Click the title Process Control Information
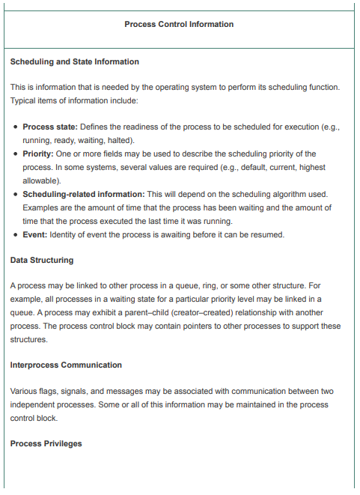pyautogui.click(x=179, y=24)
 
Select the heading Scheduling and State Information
pyautogui.click(x=75, y=61)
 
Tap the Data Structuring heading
pyautogui.click(x=42, y=260)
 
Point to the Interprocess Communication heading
pyautogui.click(x=66, y=365)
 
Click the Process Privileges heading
pyautogui.click(x=46, y=444)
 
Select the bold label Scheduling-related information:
pyautogui.click(x=84, y=194)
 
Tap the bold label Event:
pyautogui.click(x=35, y=234)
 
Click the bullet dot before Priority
pyautogui.click(x=16, y=154)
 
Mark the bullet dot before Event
pyautogui.click(x=16, y=234)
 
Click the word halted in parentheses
pyautogui.click(x=120, y=140)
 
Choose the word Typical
pyautogui.click(x=25, y=100)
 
